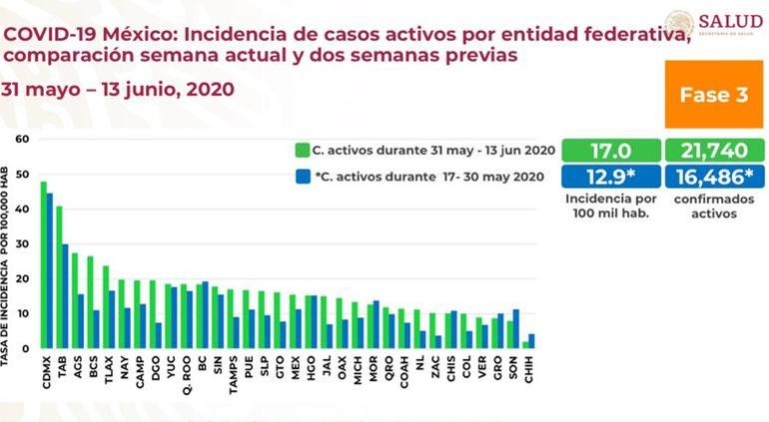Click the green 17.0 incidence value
pos(611,151)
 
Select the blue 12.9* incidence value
pos(611,177)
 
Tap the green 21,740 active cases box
pos(714,151)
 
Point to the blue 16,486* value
pos(714,177)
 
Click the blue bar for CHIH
pos(532,340)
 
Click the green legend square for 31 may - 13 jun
pos(301,151)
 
